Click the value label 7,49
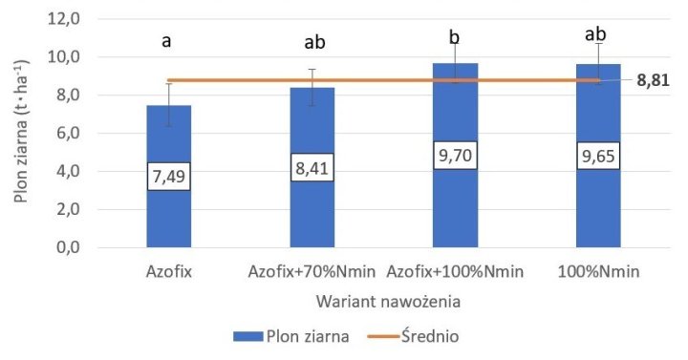click(168, 176)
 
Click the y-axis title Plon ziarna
click(21, 134)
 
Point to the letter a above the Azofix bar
click(168, 42)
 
